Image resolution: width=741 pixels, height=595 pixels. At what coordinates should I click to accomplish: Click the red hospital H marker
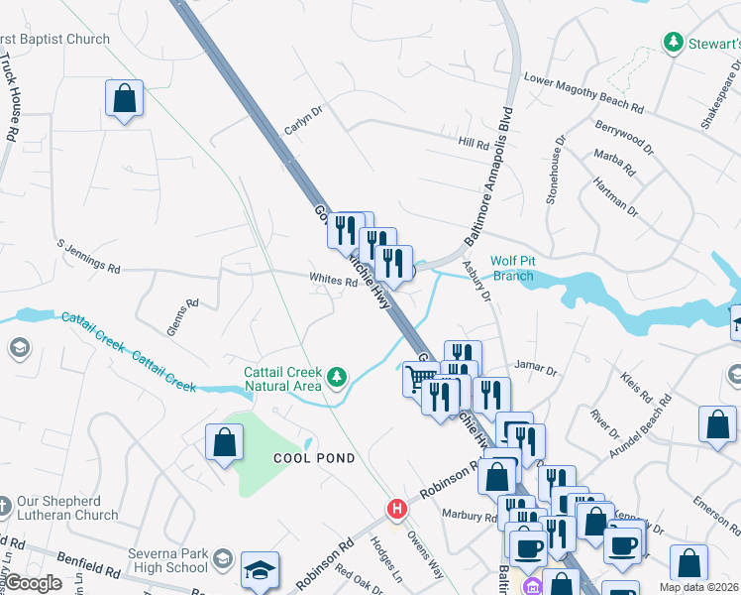[x=397, y=509]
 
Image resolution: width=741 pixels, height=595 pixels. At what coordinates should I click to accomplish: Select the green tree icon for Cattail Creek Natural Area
[x=338, y=376]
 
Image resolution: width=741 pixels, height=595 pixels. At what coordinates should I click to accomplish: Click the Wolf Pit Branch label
[x=513, y=268]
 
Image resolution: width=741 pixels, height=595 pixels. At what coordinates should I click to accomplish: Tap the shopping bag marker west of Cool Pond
[x=225, y=442]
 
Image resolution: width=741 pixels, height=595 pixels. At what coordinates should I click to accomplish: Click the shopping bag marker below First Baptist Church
[x=125, y=98]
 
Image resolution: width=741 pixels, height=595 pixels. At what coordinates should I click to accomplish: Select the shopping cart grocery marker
[x=420, y=378]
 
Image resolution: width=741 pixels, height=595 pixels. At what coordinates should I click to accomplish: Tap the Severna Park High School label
[x=168, y=560]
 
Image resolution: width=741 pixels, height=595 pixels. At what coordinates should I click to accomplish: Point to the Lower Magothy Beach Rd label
[x=583, y=93]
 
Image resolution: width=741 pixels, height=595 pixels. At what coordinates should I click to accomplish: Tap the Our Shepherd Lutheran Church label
[x=66, y=508]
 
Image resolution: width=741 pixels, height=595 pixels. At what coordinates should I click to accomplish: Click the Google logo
[x=34, y=583]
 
